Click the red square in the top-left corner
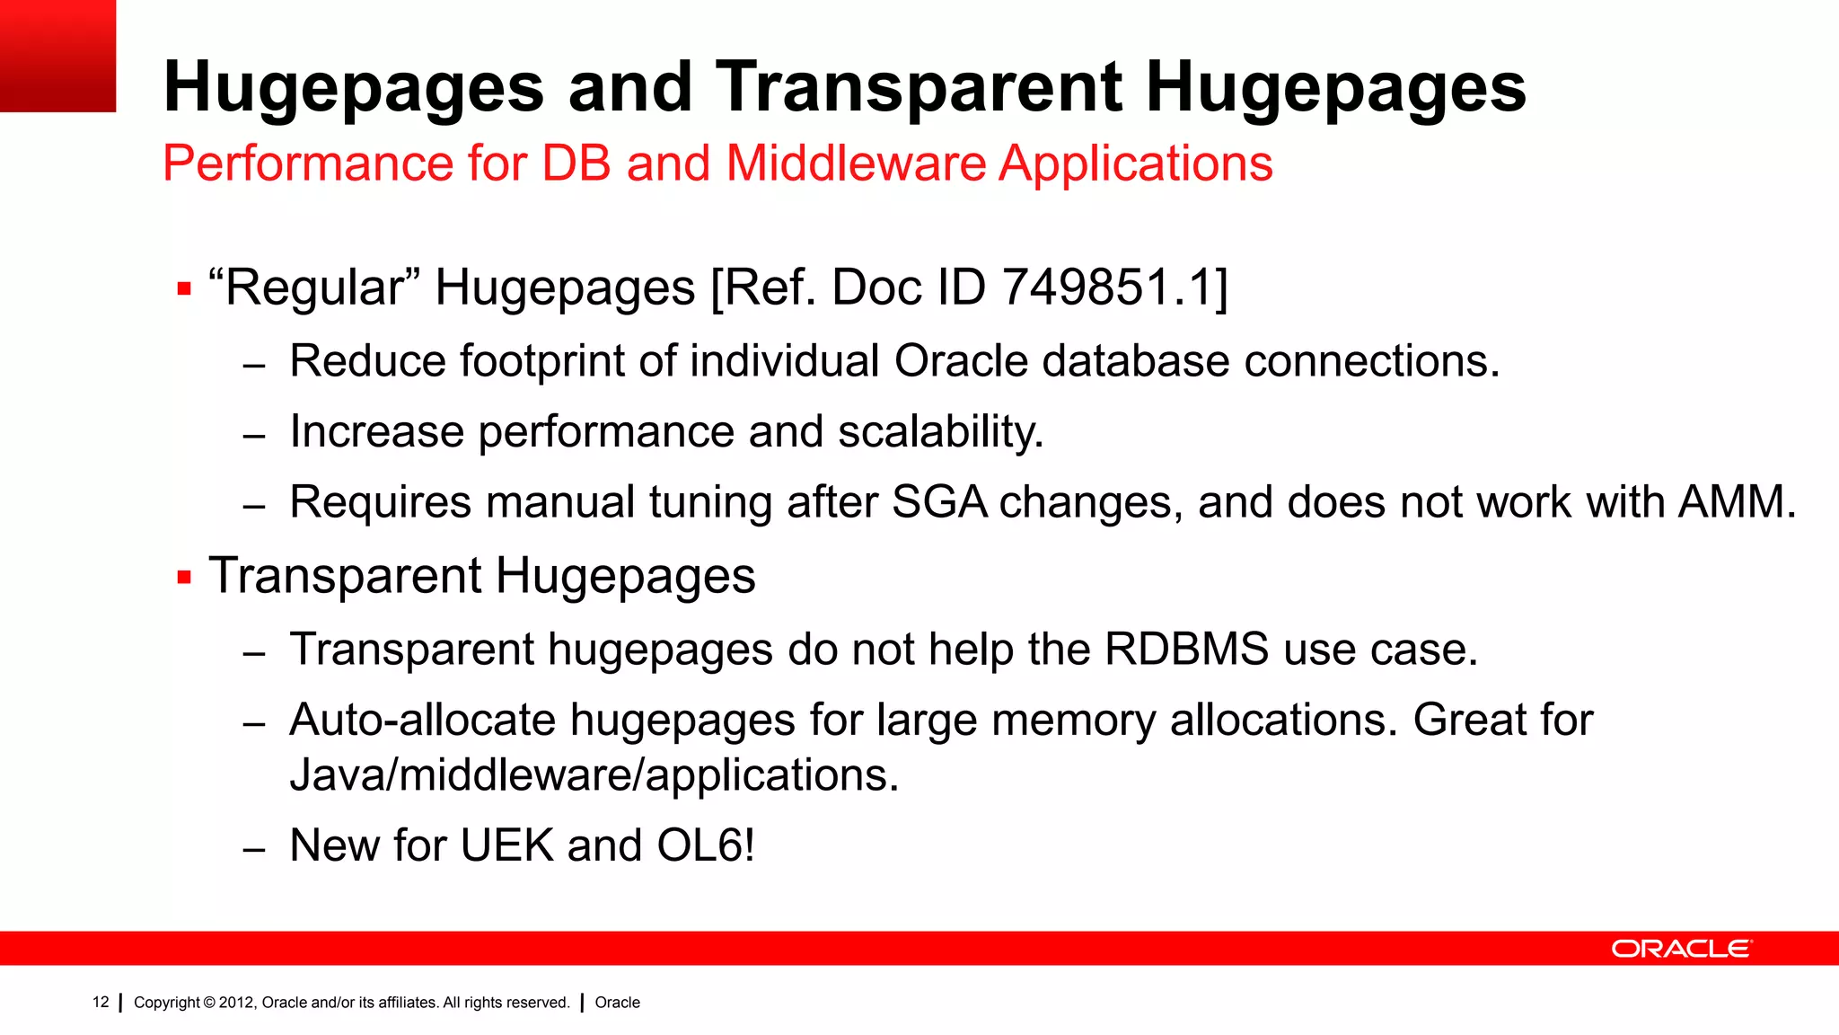tap(57, 56)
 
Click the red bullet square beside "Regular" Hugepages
tap(185, 289)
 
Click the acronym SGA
tap(939, 502)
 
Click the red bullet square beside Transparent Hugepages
tap(185, 578)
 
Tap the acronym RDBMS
tap(1186, 650)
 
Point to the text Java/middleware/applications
tap(594, 775)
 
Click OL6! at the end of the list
tap(706, 845)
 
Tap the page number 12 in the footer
tap(101, 1002)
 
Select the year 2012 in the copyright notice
tap(237, 1003)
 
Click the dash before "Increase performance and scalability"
tap(254, 437)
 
